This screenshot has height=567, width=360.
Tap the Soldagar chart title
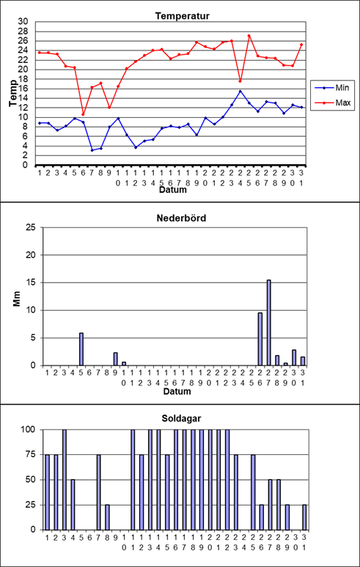[x=181, y=419]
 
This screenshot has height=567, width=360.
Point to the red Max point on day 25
[x=249, y=36]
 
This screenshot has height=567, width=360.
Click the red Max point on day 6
[x=83, y=114]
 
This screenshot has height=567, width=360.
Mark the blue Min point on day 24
[x=240, y=91]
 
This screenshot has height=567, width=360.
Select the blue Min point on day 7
[x=92, y=150]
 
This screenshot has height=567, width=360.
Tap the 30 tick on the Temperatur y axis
[x=23, y=22]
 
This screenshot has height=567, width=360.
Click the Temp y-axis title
[x=13, y=94]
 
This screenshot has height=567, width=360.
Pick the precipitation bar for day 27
[x=269, y=322]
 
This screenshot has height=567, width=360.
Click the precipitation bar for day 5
[x=81, y=349]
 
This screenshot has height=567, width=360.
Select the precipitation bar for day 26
[x=260, y=339]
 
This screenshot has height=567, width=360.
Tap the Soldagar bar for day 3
[x=65, y=480]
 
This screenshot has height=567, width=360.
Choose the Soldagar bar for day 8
[x=108, y=517]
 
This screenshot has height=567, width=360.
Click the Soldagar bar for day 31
[x=304, y=517]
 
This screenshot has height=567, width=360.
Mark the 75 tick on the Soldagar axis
[x=34, y=455]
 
